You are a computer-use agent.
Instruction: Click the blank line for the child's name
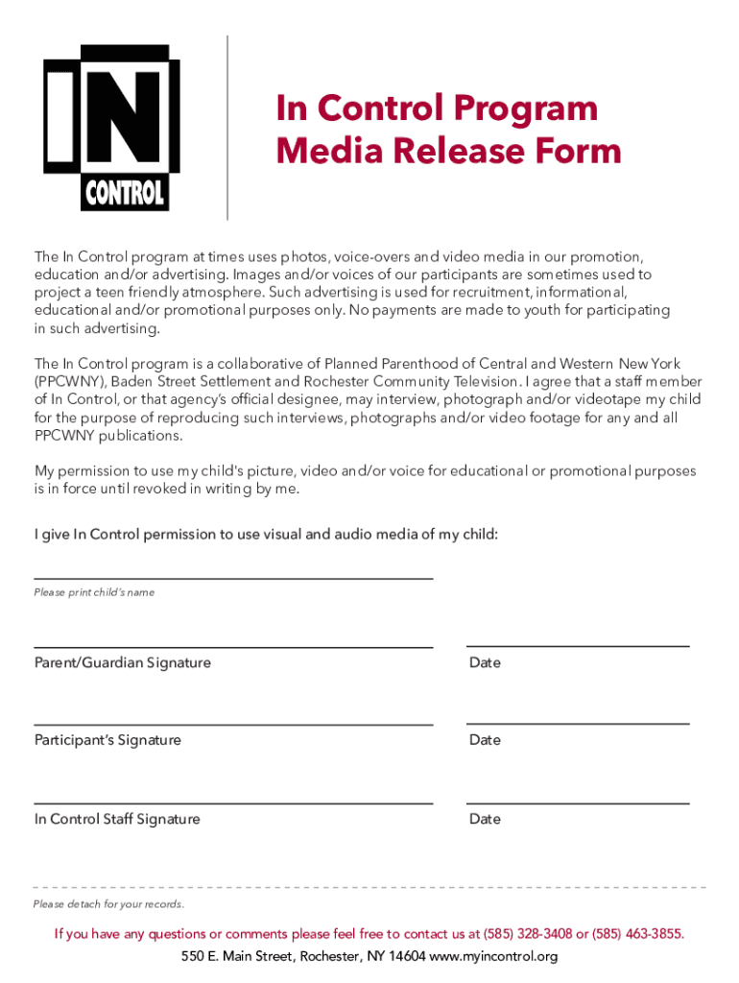(233, 579)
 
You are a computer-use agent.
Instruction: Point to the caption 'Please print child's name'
(94, 592)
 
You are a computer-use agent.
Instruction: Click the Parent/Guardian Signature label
(123, 662)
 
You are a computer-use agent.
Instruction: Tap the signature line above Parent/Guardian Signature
(233, 647)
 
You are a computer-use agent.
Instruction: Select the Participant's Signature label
(107, 740)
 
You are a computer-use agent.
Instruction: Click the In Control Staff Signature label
(117, 819)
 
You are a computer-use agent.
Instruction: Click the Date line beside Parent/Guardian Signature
(578, 646)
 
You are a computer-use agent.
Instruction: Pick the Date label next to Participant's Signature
(485, 740)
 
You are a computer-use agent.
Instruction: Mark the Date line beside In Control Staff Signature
(578, 803)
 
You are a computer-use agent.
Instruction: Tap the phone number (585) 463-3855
(638, 933)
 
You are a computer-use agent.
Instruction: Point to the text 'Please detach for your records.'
(108, 904)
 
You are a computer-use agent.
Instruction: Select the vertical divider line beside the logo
(227, 127)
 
